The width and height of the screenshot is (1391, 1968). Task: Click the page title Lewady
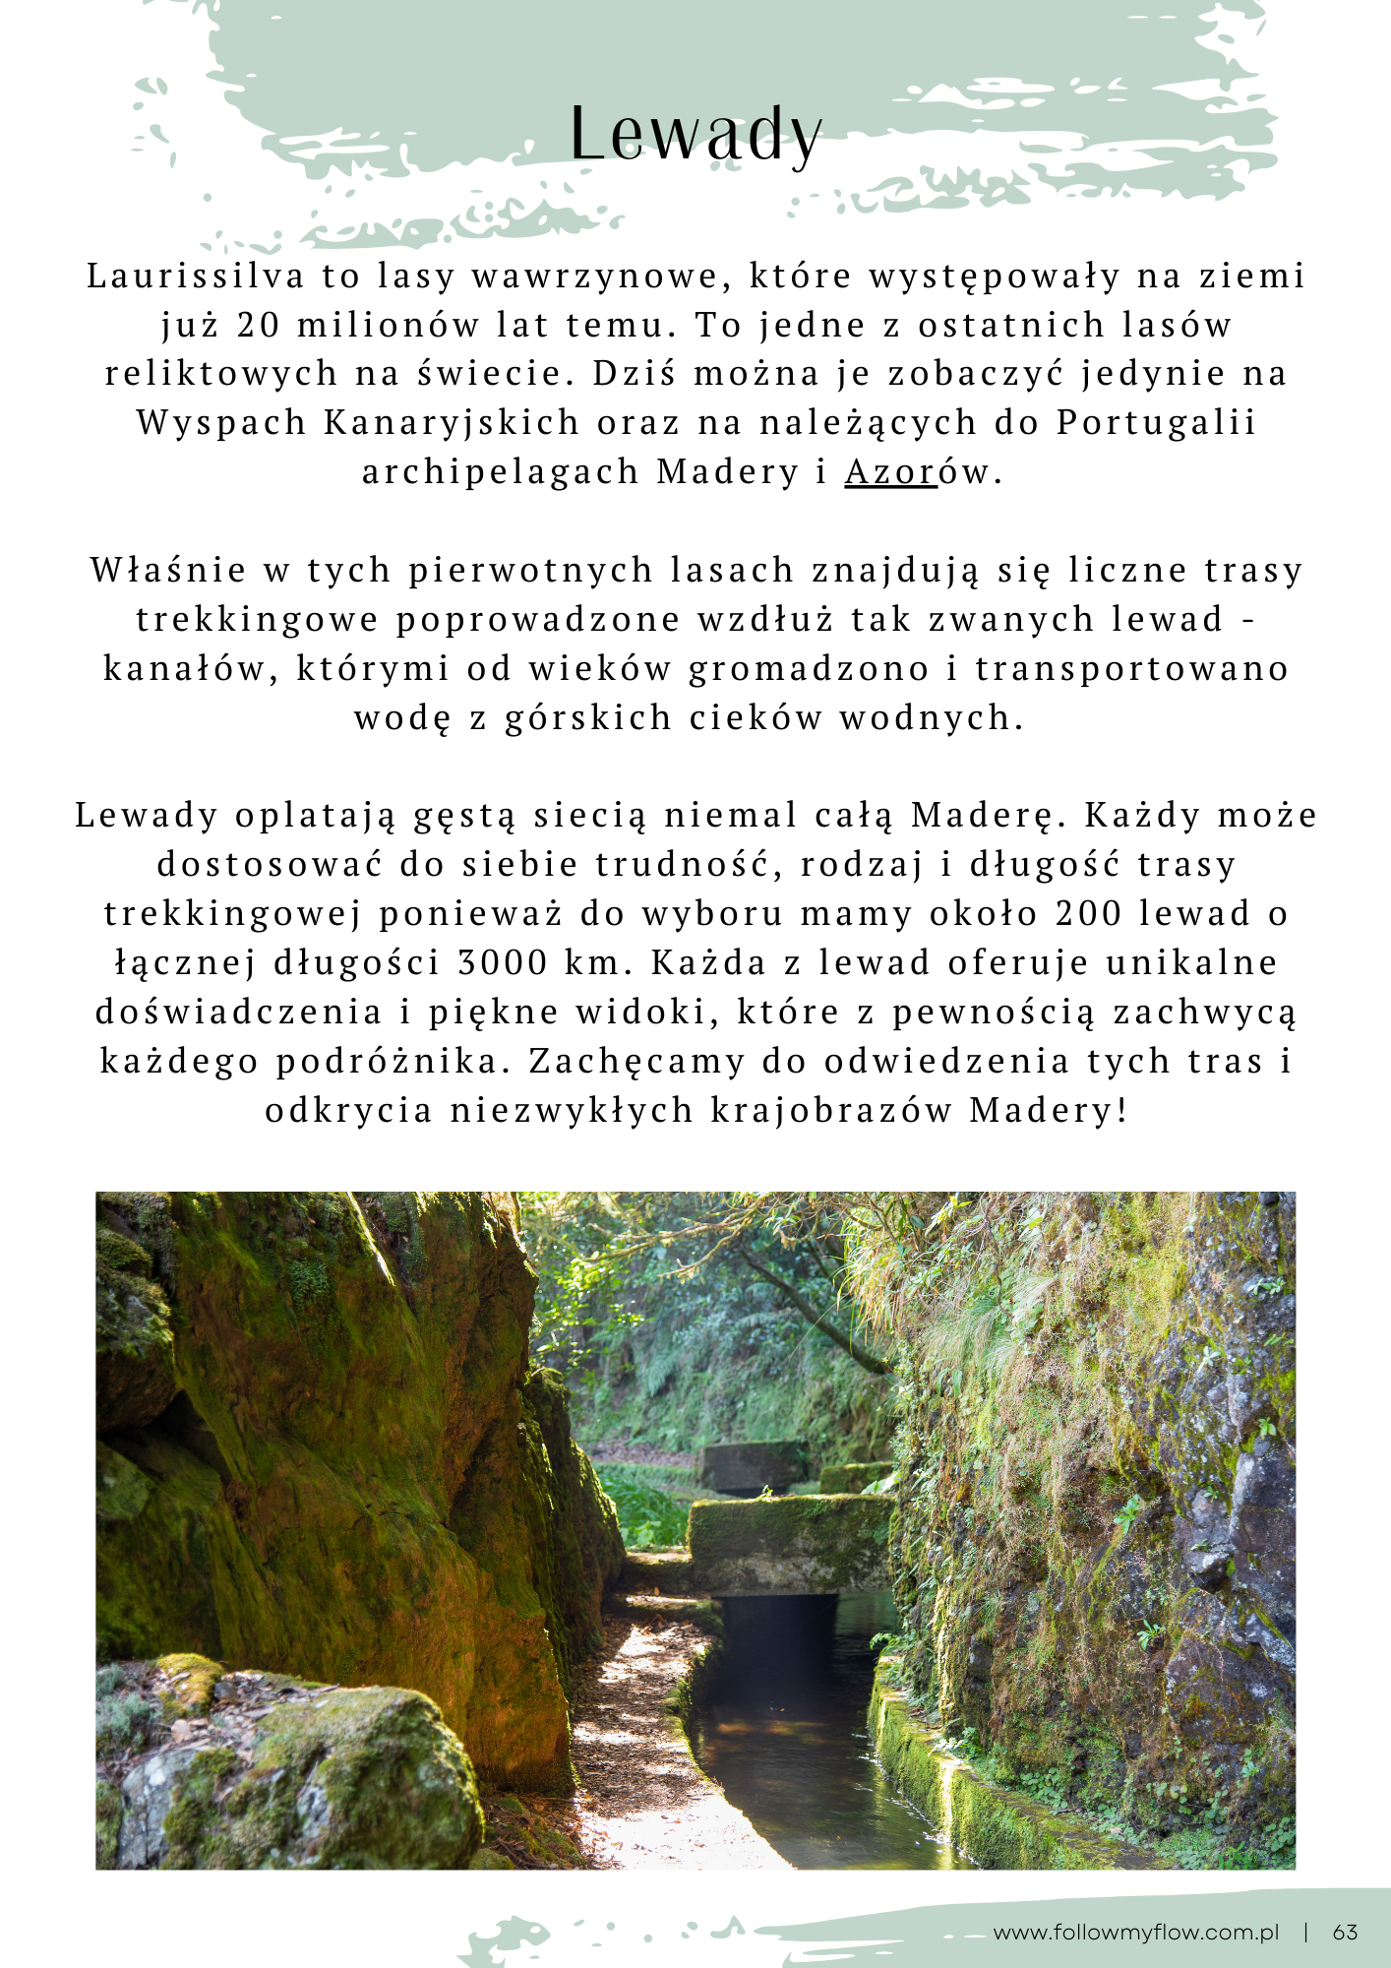695,134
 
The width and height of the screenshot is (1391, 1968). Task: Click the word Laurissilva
196,277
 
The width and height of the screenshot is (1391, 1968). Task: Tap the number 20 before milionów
259,326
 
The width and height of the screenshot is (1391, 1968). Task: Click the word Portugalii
1156,423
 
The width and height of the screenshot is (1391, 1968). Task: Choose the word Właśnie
168,571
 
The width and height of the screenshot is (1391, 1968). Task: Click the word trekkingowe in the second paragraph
257,620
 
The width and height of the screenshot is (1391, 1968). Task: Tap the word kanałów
189,669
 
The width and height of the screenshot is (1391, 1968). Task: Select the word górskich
587,718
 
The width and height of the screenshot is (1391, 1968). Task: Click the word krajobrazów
831,1111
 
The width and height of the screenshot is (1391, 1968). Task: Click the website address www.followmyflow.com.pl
1135,1932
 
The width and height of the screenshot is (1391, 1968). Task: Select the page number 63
1345,1932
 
